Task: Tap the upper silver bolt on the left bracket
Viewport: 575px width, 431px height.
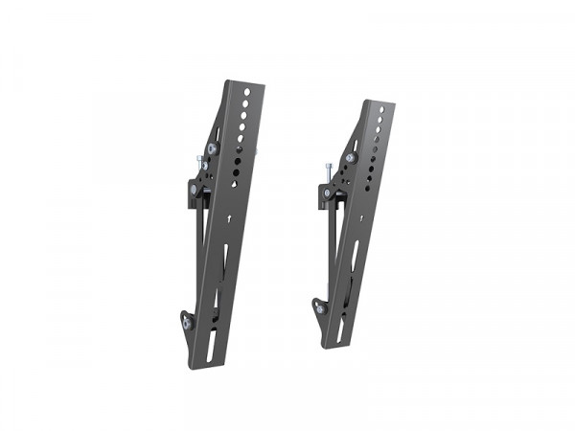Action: pyautogui.click(x=211, y=149)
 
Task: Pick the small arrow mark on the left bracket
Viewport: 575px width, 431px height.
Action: pyautogui.click(x=232, y=219)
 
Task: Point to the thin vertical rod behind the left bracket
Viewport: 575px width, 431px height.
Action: pyautogui.click(x=200, y=249)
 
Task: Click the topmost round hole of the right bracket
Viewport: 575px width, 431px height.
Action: pyautogui.click(x=380, y=109)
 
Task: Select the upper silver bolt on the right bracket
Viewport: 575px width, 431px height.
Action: pyautogui.click(x=351, y=157)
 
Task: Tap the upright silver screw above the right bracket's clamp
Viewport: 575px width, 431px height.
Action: pyautogui.click(x=330, y=170)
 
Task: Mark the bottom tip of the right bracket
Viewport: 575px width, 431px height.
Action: pyautogui.click(x=328, y=346)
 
